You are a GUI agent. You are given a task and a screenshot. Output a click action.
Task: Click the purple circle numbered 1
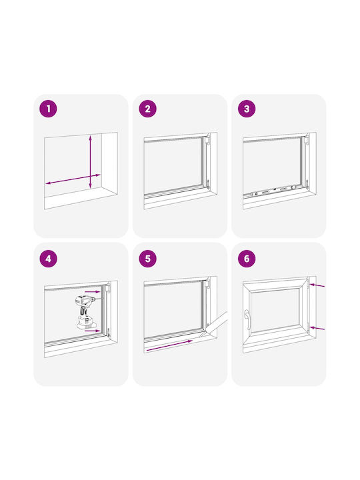[x=49, y=109]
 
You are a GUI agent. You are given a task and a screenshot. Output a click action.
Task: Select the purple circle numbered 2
[x=147, y=109]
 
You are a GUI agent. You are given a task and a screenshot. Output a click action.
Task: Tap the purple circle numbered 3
[x=247, y=109]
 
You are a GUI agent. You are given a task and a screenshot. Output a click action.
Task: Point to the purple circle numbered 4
[x=49, y=259]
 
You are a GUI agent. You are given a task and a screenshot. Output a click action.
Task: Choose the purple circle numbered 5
[x=147, y=259]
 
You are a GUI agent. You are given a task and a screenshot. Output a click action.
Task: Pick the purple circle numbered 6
[x=247, y=259]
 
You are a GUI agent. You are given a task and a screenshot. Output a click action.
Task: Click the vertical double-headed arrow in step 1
[x=90, y=162]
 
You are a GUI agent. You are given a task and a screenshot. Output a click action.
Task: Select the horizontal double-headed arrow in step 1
[x=73, y=179]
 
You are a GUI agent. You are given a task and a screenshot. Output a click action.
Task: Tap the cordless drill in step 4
[x=86, y=311]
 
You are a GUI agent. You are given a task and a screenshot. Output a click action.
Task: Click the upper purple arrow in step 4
[x=93, y=291]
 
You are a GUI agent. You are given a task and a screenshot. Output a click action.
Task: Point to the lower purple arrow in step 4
[x=93, y=331]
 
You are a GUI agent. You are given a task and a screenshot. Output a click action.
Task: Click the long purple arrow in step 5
[x=169, y=345]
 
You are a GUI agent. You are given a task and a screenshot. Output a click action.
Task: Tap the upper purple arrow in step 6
[x=317, y=285]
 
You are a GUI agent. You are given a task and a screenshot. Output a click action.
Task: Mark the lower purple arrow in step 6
[x=317, y=329]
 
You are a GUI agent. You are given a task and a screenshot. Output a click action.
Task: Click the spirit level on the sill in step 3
[x=273, y=191]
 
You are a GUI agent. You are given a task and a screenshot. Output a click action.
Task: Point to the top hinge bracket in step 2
[x=208, y=139]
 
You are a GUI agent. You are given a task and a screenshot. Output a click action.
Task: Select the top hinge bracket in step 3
[x=307, y=139]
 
